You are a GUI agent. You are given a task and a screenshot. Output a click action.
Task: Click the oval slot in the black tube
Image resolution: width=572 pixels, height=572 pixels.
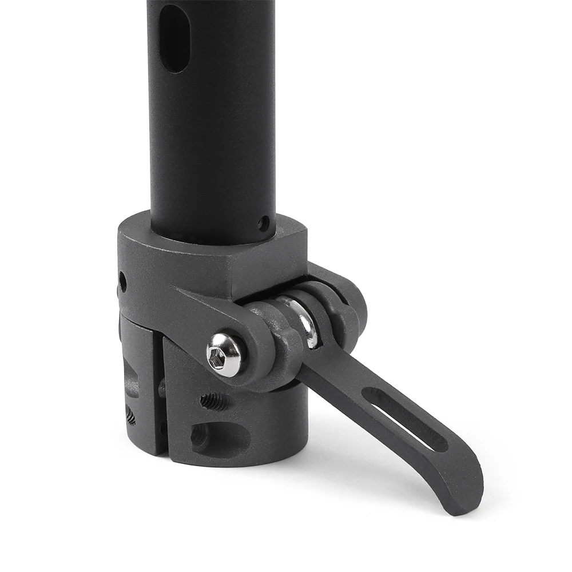pos(174,39)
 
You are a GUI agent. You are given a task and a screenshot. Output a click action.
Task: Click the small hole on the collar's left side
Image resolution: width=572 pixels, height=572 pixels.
pos(122,281)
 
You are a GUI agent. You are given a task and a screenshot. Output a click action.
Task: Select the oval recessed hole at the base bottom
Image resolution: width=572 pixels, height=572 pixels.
pos(220,438)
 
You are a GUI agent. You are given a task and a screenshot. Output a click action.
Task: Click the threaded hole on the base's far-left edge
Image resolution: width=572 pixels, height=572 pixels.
pos(130,416)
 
